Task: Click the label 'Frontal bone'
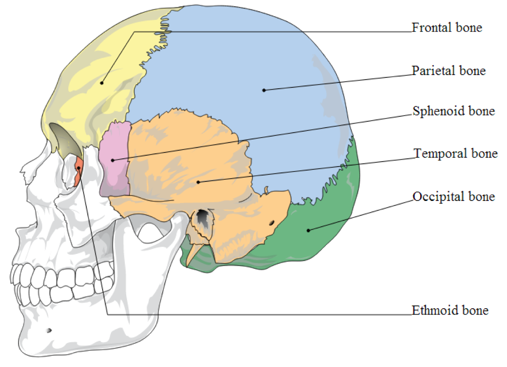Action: [446, 28]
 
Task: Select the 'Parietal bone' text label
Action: [448, 71]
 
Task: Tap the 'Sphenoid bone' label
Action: [454, 111]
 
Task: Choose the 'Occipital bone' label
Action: [454, 196]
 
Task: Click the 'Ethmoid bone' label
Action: [450, 310]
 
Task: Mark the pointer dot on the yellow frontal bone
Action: [102, 83]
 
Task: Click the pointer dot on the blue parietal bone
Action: [264, 90]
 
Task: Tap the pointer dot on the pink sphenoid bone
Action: [113, 160]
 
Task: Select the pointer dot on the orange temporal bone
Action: [199, 182]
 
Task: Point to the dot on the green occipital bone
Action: [308, 230]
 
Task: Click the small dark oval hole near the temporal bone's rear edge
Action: [272, 223]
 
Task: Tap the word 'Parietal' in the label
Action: [433, 71]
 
